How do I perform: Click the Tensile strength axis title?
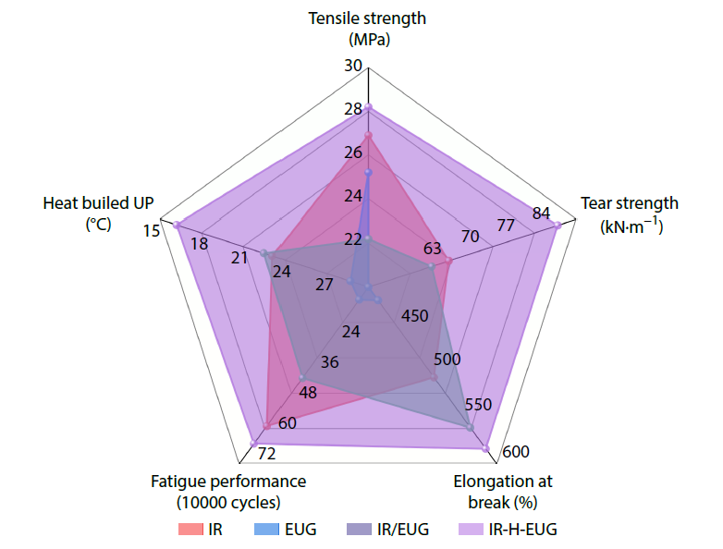pos(368,28)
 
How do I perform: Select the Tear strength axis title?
pos(629,213)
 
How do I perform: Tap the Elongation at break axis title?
pos(503,492)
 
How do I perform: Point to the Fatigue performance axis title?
pos(228,492)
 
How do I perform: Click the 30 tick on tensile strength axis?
pos(352,66)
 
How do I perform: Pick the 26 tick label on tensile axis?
pos(352,152)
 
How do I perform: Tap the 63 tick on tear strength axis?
pos(433,248)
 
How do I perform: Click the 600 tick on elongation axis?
pos(517,452)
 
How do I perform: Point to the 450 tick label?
pos(415,316)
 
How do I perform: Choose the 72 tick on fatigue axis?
pos(267,453)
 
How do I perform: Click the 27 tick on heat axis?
pos(324,285)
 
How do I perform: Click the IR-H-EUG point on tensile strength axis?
pos(368,107)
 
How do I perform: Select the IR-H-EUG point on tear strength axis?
pos(557,225)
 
